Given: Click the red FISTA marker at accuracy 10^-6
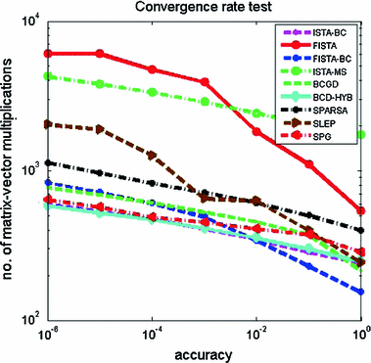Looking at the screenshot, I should pyautogui.click(x=47, y=54).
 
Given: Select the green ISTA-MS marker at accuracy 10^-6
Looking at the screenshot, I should pyautogui.click(x=47, y=76).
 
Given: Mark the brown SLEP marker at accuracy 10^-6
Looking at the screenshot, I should pyautogui.click(x=47, y=124).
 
